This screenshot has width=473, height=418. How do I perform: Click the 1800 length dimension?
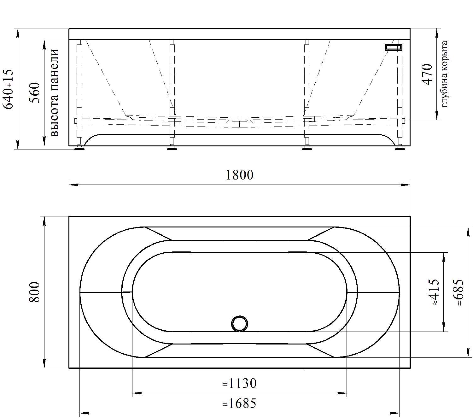point(239,175)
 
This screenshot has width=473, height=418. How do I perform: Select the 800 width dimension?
point(34,292)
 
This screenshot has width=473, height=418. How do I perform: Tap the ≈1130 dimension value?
point(239,383)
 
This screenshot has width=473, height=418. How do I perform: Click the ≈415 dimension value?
point(435,292)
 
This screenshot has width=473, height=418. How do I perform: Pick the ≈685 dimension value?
point(458,292)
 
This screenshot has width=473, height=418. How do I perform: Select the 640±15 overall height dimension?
point(8,89)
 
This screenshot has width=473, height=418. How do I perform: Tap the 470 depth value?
point(427,74)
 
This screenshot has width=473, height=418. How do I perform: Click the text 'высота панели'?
point(55,92)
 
